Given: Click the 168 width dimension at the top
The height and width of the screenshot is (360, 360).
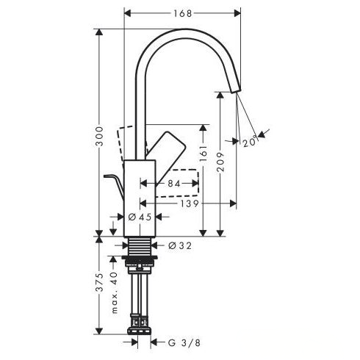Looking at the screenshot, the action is (x=183, y=13).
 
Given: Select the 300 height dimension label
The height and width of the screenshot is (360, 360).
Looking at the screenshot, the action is (x=99, y=136).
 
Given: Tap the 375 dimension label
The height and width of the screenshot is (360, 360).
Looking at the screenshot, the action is (x=99, y=282).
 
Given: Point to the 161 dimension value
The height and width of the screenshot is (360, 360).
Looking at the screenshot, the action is (x=204, y=154).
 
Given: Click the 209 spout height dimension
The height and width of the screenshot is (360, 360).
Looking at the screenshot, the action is (x=220, y=162).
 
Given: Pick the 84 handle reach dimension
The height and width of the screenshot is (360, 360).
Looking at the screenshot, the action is (x=174, y=184).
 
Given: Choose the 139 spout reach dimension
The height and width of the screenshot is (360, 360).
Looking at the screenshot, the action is (x=189, y=204).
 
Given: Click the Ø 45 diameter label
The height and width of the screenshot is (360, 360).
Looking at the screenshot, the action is (x=140, y=217).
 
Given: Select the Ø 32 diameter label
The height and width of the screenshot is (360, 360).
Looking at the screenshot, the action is (x=180, y=245).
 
